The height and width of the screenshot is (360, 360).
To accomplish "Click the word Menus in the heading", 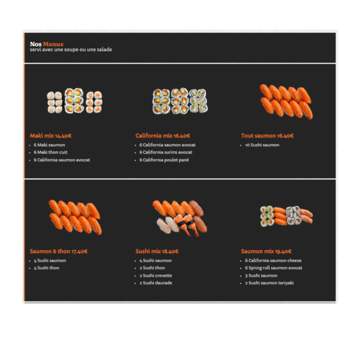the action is click(53, 44).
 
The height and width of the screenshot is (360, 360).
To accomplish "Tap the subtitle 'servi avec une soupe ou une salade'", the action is click(71, 49).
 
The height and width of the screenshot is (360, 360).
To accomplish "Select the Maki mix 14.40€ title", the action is click(51, 136).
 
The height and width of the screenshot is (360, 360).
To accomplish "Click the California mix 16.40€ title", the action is click(163, 136).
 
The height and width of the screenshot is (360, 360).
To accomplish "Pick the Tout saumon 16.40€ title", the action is click(267, 136).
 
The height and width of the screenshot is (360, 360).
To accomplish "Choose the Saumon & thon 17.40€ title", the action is click(58, 251).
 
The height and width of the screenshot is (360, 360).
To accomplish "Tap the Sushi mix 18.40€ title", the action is click(157, 251).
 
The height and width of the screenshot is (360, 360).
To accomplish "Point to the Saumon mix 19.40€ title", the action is click(266, 251).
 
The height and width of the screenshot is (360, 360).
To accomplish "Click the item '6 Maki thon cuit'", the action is click(51, 152).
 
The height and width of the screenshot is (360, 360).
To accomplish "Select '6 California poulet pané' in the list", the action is click(164, 160).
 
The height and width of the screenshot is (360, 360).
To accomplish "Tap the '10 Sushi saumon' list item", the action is click(262, 145).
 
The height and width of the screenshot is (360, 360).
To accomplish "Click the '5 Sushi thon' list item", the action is click(47, 268).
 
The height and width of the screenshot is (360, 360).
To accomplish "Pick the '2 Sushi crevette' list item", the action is click(156, 275).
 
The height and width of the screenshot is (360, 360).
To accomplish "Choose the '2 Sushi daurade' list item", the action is click(156, 283).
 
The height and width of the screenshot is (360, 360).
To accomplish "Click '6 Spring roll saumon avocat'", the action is click(273, 268).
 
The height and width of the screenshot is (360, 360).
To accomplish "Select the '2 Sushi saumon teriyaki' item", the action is click(269, 283).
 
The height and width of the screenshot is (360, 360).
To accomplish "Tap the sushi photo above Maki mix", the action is click(75, 101).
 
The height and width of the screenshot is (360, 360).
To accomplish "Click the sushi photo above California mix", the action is click(180, 101).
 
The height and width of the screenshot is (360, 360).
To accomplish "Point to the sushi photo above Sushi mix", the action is click(180, 218).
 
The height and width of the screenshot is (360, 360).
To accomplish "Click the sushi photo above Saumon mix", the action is click(286, 216).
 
